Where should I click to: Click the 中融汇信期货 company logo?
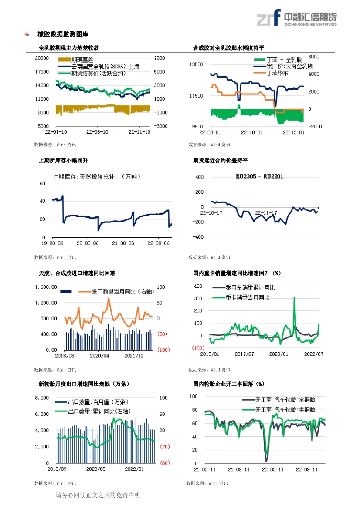click(296, 18)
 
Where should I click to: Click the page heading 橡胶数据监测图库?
click(63, 34)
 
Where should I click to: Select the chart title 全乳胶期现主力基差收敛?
click(69, 48)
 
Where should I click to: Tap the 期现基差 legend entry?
click(75, 60)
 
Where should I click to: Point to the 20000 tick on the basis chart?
click(42, 58)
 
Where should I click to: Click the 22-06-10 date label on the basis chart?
click(97, 132)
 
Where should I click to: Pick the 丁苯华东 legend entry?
click(271, 73)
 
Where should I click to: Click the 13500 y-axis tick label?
click(196, 64)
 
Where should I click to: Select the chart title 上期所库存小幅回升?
click(63, 160)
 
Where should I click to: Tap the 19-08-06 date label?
click(53, 243)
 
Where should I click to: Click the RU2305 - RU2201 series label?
click(259, 177)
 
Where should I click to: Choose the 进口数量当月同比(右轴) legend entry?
click(117, 291)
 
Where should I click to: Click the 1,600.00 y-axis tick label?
click(46, 287)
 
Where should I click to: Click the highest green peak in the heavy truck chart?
click(294, 297)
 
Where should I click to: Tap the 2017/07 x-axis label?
click(245, 354)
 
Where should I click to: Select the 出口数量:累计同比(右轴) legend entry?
click(93, 411)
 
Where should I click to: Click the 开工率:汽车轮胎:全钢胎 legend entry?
click(278, 400)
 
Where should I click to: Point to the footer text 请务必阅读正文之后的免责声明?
click(98, 496)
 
